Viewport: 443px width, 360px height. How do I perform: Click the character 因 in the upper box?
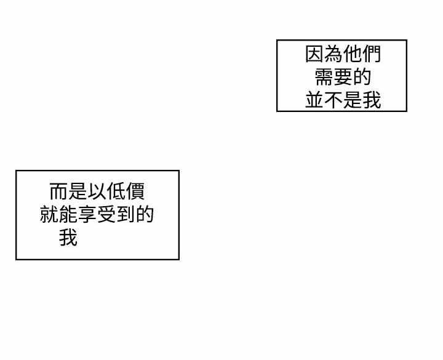(x=314, y=54)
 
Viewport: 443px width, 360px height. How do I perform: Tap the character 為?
(x=333, y=54)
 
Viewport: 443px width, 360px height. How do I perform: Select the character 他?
(x=353, y=54)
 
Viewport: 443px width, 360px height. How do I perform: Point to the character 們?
(x=372, y=54)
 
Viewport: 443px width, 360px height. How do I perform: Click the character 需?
(x=324, y=77)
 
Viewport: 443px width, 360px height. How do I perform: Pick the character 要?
(x=343, y=77)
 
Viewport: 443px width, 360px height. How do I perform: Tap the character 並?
(x=314, y=100)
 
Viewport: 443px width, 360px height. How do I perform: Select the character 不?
(x=333, y=100)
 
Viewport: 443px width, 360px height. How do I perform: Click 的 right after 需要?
(x=362, y=77)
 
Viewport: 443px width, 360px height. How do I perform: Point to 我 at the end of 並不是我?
(x=372, y=100)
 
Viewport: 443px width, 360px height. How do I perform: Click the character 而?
(x=59, y=191)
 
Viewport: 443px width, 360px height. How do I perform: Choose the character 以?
(x=97, y=191)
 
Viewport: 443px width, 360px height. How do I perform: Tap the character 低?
(x=116, y=191)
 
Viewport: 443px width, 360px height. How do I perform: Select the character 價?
(x=135, y=191)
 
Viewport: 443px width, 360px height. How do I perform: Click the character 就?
(x=49, y=215)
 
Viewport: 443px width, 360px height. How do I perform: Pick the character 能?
(x=68, y=215)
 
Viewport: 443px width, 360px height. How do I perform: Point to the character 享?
(x=87, y=215)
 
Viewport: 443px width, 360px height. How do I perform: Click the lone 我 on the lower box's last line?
(x=68, y=238)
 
